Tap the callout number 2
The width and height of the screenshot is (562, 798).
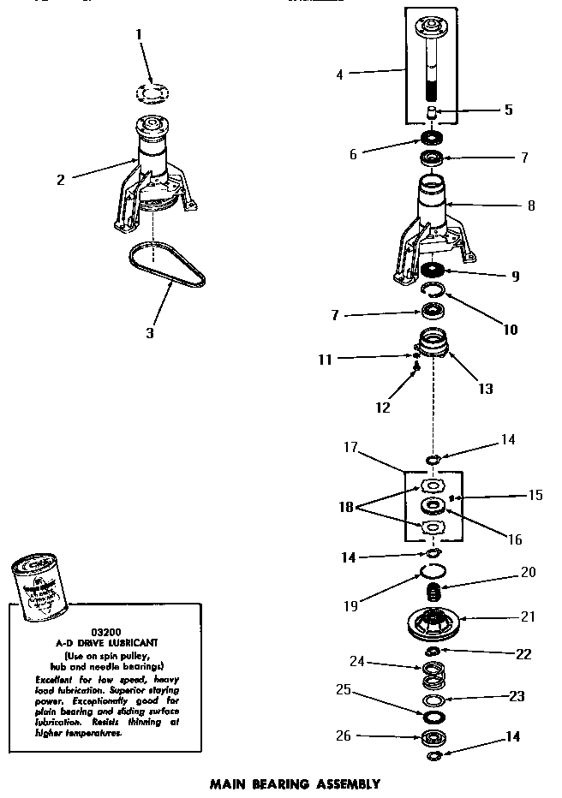61,180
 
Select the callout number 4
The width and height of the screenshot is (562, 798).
339,74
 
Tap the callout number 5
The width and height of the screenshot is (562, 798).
508,110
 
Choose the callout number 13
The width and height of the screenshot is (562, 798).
485,388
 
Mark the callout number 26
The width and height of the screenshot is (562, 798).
344,735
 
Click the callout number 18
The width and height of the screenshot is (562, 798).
346,506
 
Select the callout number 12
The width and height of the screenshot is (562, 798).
383,408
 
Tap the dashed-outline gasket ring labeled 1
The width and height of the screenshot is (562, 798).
152,92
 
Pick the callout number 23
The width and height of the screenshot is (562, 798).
516,696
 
